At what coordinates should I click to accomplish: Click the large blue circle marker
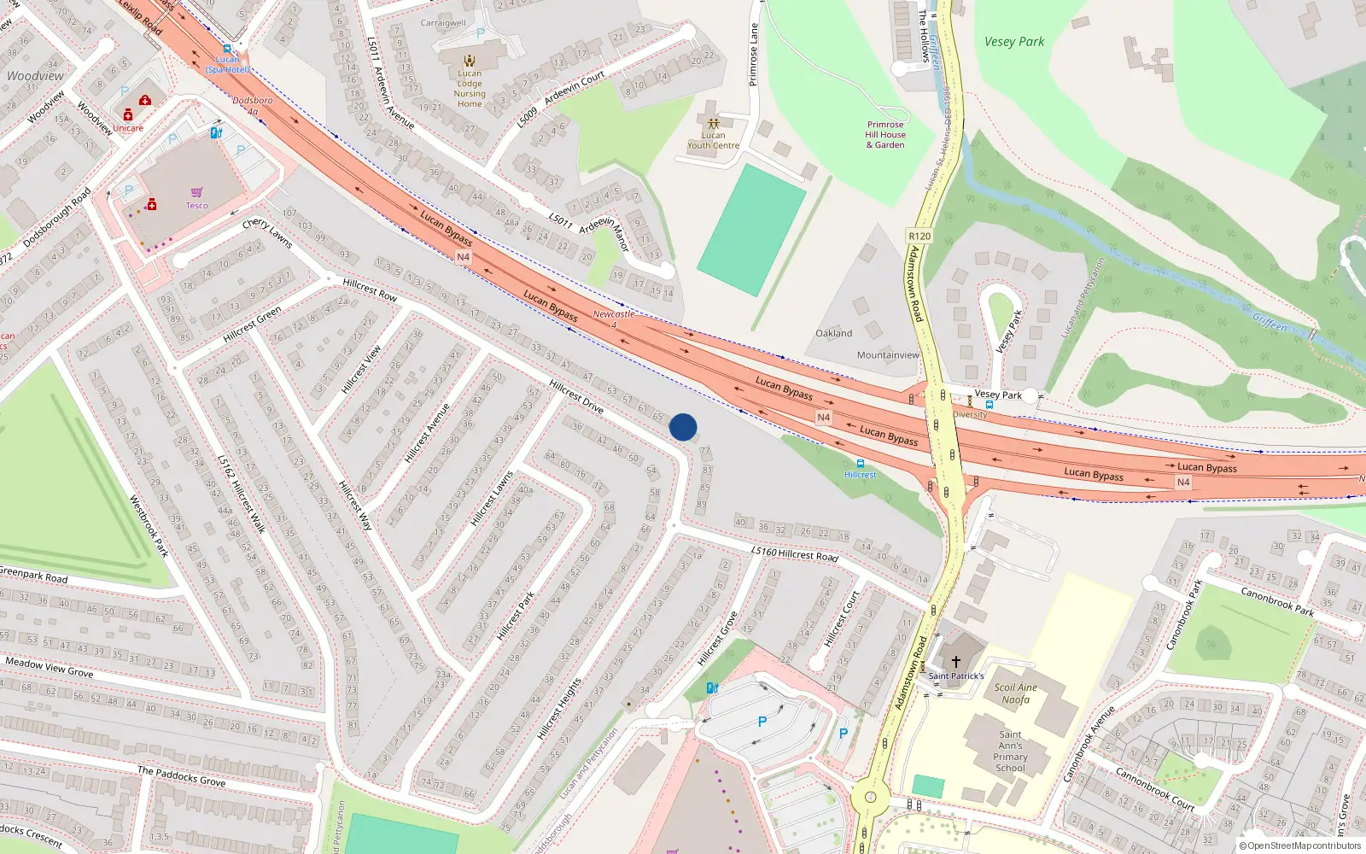683,427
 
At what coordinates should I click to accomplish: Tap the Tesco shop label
197,205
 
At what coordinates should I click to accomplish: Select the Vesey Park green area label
1013,42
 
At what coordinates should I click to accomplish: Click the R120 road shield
919,236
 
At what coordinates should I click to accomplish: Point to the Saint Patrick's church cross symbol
956,662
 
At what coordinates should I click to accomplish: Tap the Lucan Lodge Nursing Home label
470,89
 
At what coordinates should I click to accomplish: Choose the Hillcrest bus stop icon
860,464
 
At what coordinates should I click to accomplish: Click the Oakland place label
833,333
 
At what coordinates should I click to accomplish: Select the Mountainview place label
888,355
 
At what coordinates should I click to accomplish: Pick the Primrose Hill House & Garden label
885,135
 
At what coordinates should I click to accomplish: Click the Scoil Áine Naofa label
1015,693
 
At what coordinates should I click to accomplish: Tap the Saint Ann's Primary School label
1010,752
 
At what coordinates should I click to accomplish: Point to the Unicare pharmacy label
128,128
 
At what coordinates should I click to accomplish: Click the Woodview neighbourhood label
35,76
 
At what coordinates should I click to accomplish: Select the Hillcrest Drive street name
576,396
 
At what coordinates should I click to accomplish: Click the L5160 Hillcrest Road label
795,553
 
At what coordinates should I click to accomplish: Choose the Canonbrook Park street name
1276,600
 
